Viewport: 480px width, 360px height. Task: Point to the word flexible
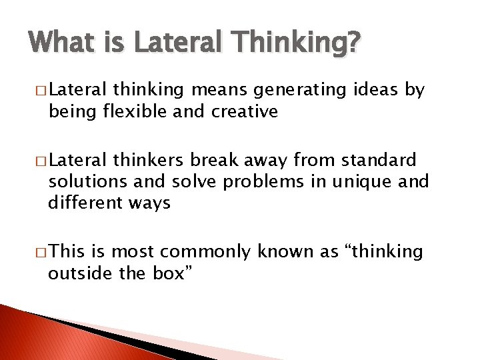(136, 111)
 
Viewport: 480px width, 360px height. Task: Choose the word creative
(244, 111)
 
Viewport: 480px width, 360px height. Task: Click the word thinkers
(150, 161)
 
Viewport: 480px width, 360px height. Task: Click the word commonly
(204, 252)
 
